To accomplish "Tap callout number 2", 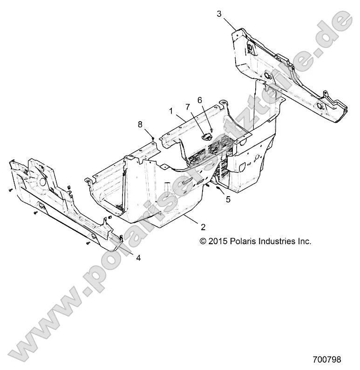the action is pyautogui.click(x=203, y=227).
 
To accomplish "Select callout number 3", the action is pyautogui.click(x=219, y=14).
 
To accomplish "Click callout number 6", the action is pyautogui.click(x=200, y=100).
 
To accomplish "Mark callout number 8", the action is pyautogui.click(x=140, y=124).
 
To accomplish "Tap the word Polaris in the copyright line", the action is pyautogui.click(x=244, y=241).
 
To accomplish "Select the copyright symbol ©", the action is pyautogui.click(x=203, y=241).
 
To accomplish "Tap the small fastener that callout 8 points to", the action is pyautogui.click(x=153, y=138).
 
